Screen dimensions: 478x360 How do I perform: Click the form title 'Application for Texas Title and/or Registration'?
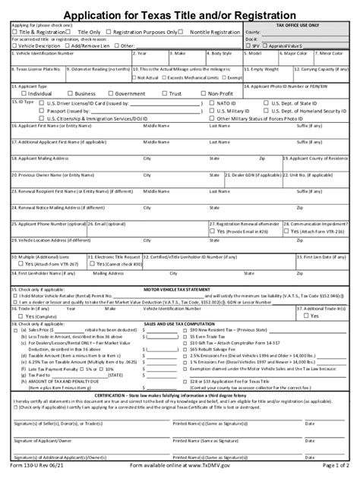(180, 14)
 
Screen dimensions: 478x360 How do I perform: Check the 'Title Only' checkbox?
(73, 33)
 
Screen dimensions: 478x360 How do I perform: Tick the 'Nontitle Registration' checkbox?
(186, 33)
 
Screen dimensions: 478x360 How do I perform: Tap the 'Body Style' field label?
(222, 54)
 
